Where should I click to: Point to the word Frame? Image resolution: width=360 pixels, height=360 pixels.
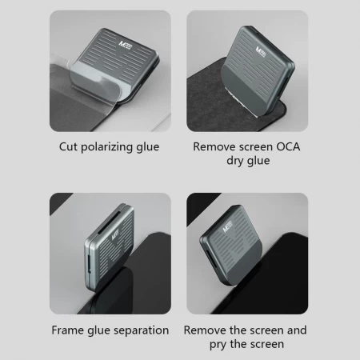[70, 330]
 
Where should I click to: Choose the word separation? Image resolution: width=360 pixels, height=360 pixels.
[141, 330]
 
